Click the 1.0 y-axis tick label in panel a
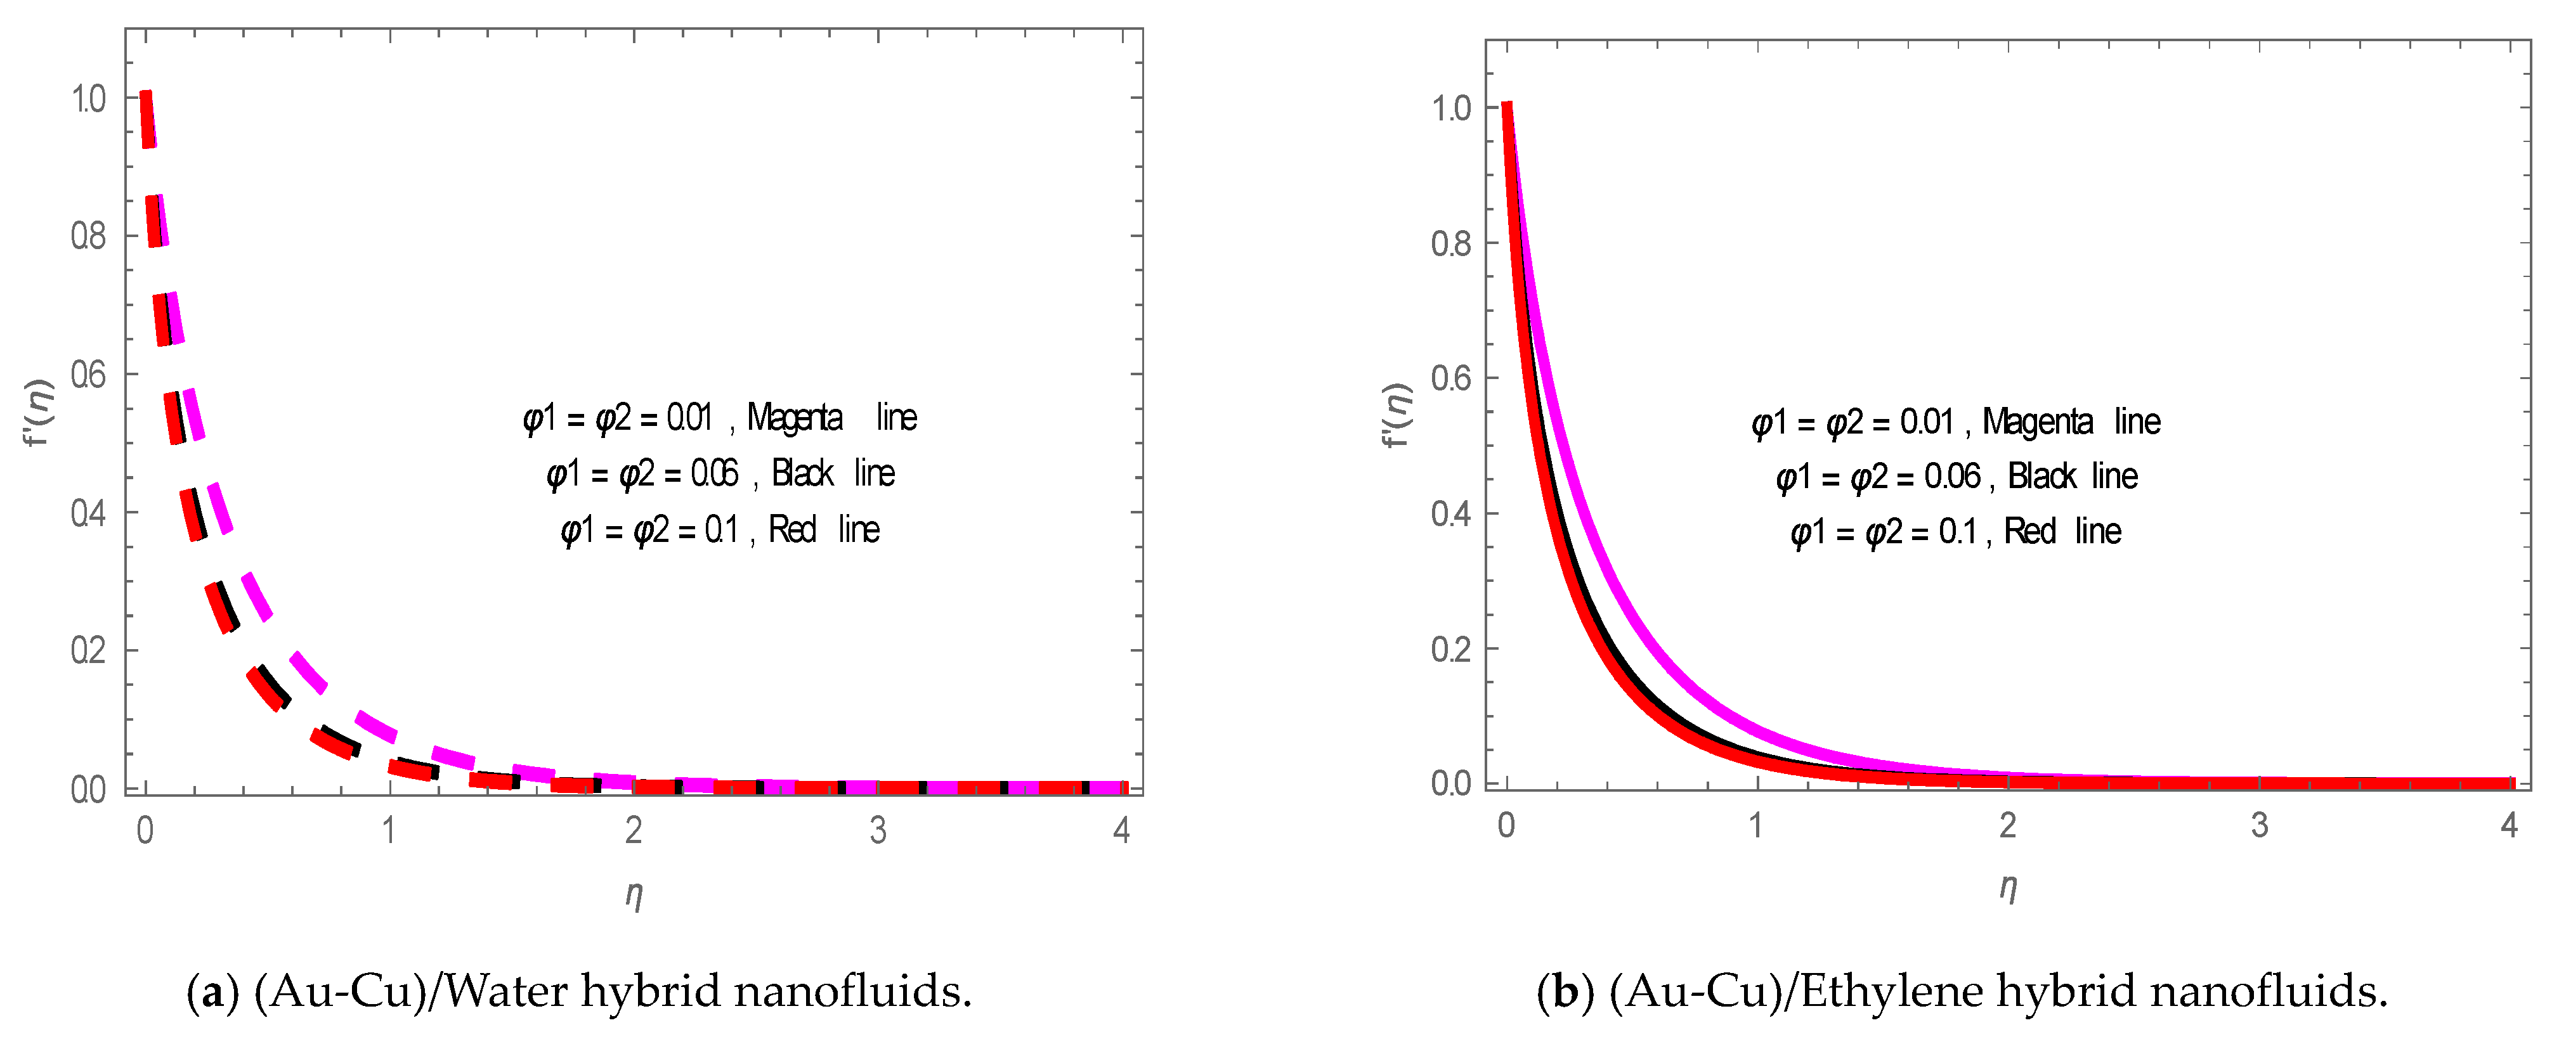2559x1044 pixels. click(88, 100)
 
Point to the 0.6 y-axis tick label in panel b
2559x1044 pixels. click(1450, 378)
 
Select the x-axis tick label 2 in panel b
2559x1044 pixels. click(2008, 825)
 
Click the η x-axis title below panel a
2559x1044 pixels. click(634, 894)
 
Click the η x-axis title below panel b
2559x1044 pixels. click(2008, 886)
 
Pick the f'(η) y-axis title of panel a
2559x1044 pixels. click(38, 412)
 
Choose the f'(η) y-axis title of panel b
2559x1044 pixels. click(1397, 415)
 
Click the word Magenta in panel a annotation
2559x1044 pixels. click(795, 417)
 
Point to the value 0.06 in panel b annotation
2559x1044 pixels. click(1952, 477)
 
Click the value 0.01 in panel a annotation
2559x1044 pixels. click(689, 417)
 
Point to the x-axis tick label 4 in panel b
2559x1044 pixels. click(2510, 825)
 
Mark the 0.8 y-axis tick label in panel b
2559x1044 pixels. click(1450, 243)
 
